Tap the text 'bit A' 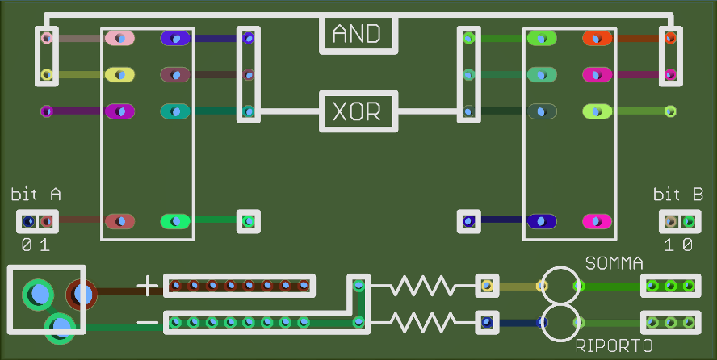pos(36,195)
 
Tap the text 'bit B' pos(678,195)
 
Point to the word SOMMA pos(614,263)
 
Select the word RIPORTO pos(614,345)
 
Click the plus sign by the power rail pos(147,287)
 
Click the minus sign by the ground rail pos(147,323)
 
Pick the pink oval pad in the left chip pos(119,37)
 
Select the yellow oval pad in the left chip pos(119,74)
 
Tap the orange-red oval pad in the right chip pos(597,37)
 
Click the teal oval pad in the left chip pos(175,111)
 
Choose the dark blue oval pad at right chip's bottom pos(542,222)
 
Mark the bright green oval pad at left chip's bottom pos(175,222)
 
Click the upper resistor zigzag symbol pos(423,286)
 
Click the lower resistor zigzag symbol pos(423,323)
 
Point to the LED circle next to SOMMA pos(561,268)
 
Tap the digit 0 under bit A pos(27,245)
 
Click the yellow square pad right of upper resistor pos(487,286)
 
